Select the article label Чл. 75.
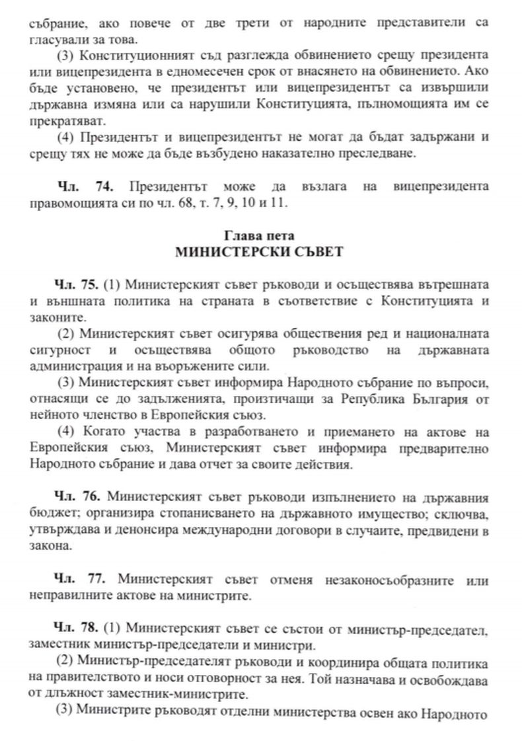coord(76,286)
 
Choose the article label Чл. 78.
coord(76,626)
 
